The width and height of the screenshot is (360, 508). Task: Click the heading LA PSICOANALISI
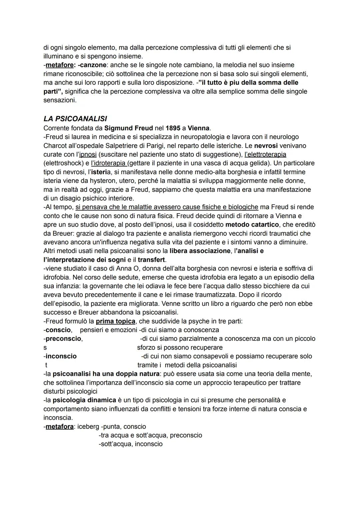(75, 119)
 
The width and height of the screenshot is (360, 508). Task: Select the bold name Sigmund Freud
(128, 128)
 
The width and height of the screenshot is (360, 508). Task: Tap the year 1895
(172, 128)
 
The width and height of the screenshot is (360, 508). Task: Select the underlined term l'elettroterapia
(265, 155)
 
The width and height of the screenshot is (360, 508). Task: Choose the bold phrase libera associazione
(200, 251)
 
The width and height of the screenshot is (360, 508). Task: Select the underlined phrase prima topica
(115, 321)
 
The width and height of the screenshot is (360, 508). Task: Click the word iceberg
(88, 427)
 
